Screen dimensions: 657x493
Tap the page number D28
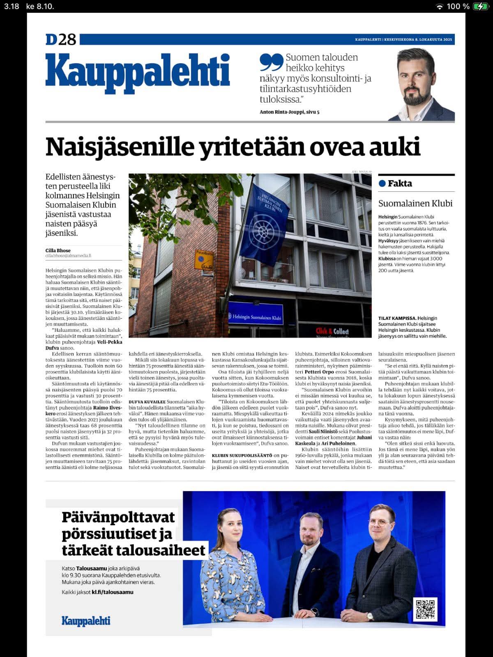pyautogui.click(x=61, y=39)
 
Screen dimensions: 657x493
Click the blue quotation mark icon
pyautogui.click(x=271, y=62)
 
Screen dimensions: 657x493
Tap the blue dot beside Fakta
pyautogui.click(x=382, y=184)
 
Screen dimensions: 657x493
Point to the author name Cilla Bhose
pyautogui.click(x=58, y=250)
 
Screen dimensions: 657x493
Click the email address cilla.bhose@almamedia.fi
pyautogui.click(x=68, y=256)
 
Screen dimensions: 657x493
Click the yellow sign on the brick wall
pyautogui.click(x=204, y=260)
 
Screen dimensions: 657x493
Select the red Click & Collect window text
pyautogui.click(x=332, y=331)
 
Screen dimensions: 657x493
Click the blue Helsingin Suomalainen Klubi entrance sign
pyautogui.click(x=256, y=317)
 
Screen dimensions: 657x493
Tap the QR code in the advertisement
pyautogui.click(x=425, y=609)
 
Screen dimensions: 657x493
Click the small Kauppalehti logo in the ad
pyautogui.click(x=86, y=621)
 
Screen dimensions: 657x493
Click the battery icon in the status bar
pyautogui.click(x=479, y=6)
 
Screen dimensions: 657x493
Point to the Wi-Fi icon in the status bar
pyautogui.click(x=440, y=6)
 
